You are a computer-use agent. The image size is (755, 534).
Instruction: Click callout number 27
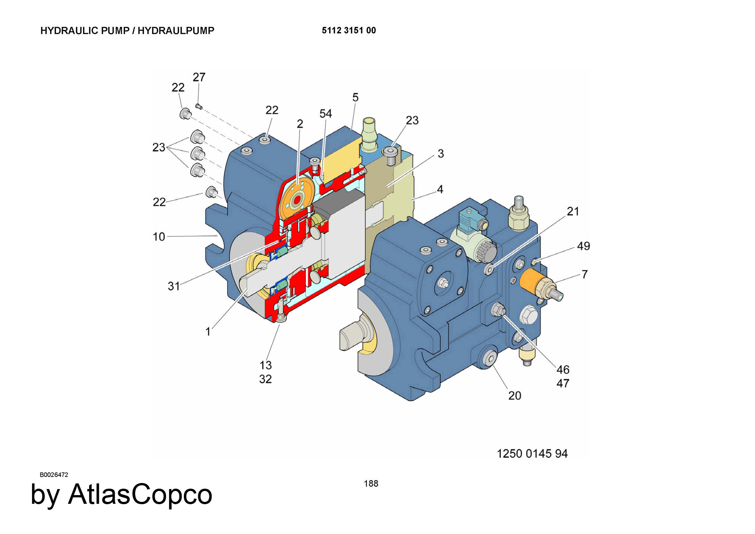pos(199,77)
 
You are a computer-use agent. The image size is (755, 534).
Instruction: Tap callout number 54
pos(325,113)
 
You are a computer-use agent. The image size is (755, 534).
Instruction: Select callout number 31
pos(174,286)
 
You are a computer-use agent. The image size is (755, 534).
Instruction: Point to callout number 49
pos(583,246)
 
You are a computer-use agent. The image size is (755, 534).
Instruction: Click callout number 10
pos(159,237)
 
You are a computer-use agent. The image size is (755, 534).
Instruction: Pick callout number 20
pos(515,395)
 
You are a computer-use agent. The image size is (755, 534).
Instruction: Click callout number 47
pos(562,383)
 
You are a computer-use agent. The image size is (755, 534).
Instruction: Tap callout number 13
pos(265,365)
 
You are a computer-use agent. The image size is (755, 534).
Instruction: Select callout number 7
pos(584,274)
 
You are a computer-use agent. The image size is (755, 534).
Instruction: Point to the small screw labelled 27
pos(199,106)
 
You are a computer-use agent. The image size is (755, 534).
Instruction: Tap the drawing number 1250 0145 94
pos(532,454)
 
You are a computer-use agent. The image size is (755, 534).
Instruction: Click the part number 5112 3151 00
pos(349,31)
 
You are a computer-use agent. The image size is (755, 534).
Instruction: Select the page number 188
pos(371,483)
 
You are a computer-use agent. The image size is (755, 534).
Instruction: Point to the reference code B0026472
pos(54,475)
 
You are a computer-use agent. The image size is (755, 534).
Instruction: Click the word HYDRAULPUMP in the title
pos(176,31)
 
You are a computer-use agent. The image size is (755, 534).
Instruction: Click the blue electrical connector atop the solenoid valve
pos(467,219)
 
